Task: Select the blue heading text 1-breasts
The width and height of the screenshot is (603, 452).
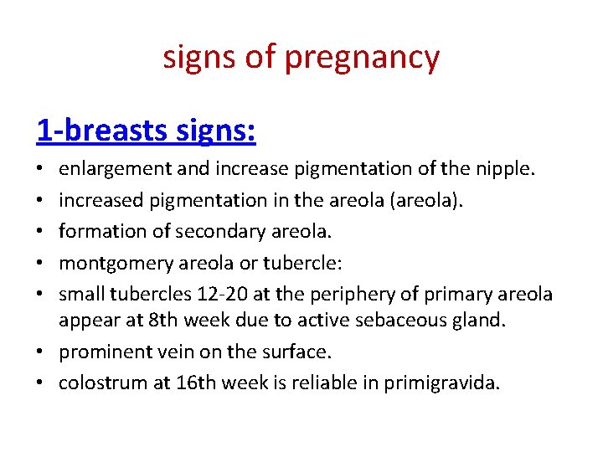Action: [97, 130]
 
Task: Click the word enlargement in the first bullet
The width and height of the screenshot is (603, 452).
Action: [112, 169]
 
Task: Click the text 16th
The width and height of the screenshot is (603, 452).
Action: [191, 384]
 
